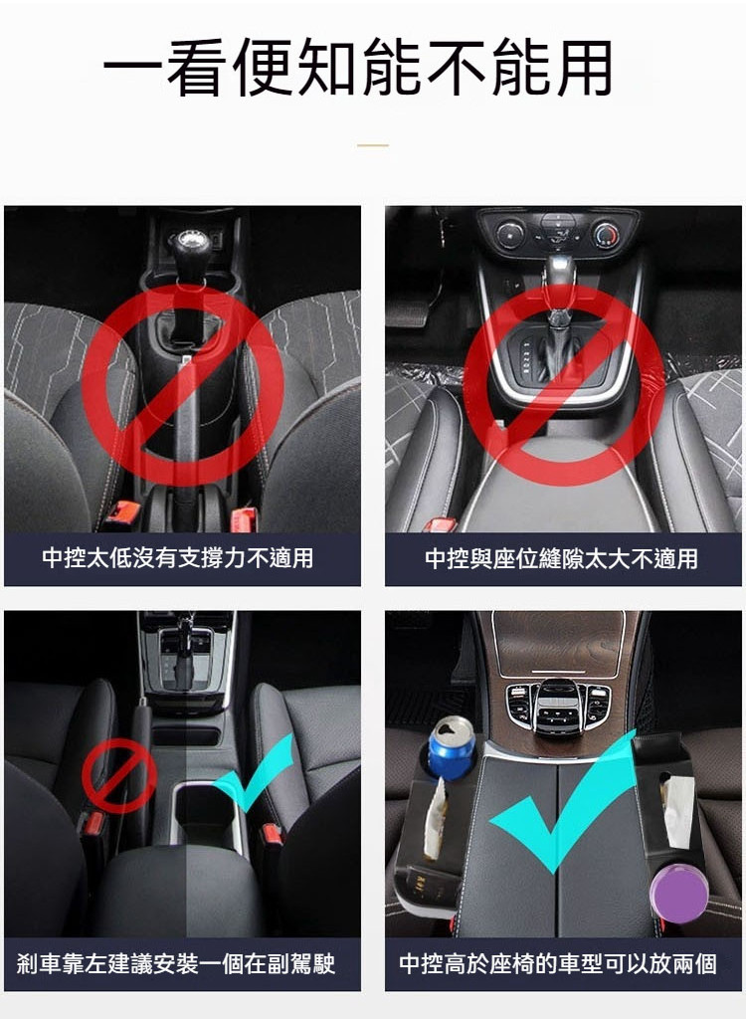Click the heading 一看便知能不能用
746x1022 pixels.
[358, 67]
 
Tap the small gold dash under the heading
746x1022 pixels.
[373, 145]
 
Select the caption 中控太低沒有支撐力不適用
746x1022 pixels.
[177, 558]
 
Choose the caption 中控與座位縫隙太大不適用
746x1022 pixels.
[561, 558]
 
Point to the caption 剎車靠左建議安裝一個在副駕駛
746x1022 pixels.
[176, 964]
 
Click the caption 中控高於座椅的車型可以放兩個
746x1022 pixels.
[558, 964]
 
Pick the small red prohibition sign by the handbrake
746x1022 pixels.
[119, 775]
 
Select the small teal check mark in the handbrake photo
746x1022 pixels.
[254, 773]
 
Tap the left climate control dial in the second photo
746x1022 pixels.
[509, 233]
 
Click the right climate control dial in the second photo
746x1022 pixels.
[607, 233]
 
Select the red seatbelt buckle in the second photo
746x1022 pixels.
[440, 524]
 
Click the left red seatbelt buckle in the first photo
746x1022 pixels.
[122, 512]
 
